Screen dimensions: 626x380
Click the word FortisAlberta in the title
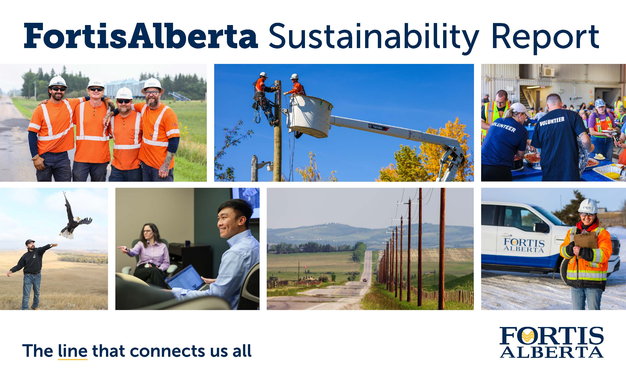point(141,36)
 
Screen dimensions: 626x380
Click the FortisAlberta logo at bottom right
point(551,342)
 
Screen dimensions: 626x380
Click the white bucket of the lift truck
point(309,116)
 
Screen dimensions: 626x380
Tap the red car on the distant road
point(365,280)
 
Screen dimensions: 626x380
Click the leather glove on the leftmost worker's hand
point(38,163)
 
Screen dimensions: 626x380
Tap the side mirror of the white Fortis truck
point(541,227)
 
